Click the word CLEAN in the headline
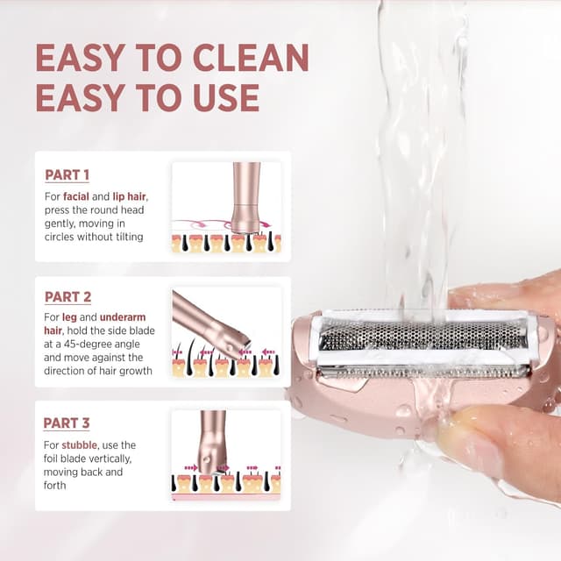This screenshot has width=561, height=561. point(251,58)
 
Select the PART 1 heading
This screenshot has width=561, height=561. point(67,175)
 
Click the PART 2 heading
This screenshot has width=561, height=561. point(67,297)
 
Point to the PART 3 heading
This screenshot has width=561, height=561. point(67,423)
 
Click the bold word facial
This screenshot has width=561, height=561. point(76,196)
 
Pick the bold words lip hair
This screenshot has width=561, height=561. point(129,196)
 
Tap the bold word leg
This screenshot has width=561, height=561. point(69,317)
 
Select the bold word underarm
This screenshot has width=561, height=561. point(123,317)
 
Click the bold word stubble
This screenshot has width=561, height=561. point(79,445)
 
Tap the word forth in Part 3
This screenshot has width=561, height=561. point(54,486)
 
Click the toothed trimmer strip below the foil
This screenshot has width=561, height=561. point(423,372)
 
